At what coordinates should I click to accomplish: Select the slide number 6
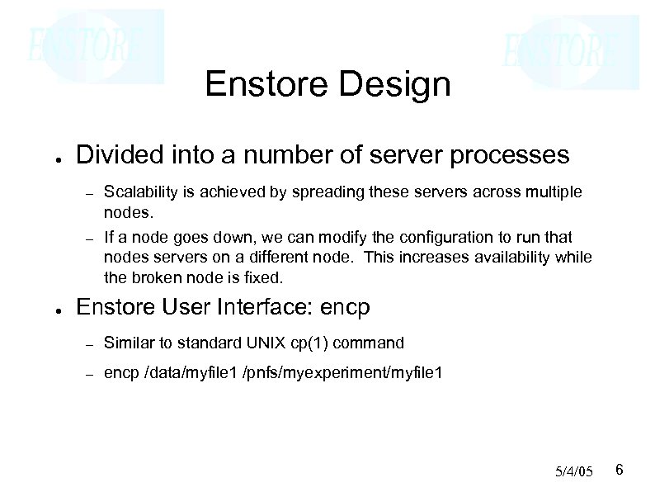tap(620, 470)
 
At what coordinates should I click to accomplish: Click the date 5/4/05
tap(574, 471)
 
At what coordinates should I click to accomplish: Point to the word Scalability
tap(137, 192)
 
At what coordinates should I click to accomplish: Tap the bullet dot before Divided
tap(51, 158)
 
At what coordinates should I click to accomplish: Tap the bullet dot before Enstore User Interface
tap(51, 310)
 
